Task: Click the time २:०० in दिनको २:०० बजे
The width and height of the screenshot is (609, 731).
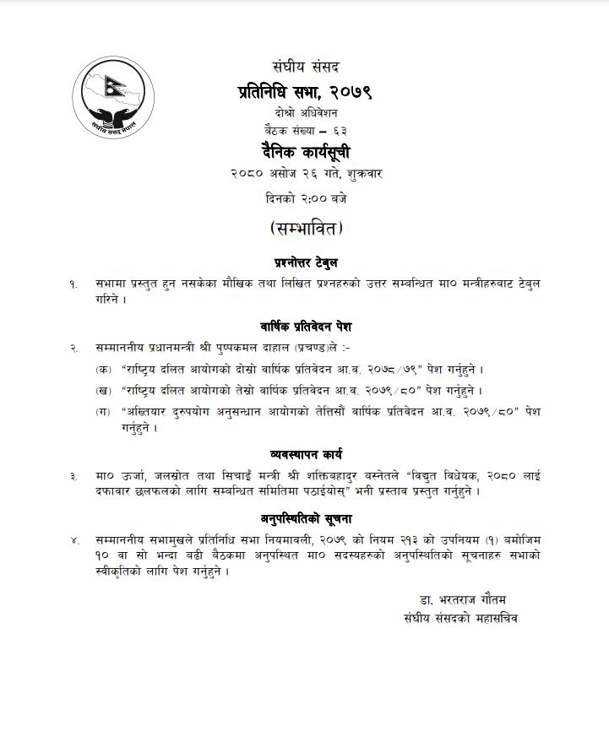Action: (306, 198)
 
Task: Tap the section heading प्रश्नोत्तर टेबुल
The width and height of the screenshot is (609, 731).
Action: (305, 262)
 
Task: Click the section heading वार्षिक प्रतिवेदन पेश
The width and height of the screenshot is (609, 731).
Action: (305, 325)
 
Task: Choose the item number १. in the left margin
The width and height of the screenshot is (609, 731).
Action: (73, 284)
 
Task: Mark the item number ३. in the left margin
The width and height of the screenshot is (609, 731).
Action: (73, 476)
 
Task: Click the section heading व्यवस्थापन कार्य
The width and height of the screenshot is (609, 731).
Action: (305, 455)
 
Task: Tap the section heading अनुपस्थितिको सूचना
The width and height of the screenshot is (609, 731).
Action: (306, 517)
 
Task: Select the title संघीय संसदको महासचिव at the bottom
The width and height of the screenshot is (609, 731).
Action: (460, 620)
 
